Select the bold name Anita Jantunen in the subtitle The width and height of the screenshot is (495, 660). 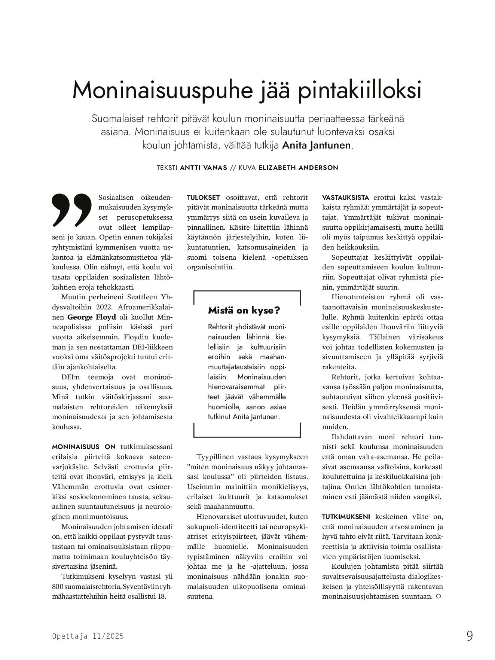(x=316, y=146)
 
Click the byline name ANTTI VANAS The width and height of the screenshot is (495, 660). (x=204, y=168)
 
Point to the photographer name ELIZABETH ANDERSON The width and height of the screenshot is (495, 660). (x=298, y=168)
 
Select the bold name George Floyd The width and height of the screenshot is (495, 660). (x=92, y=317)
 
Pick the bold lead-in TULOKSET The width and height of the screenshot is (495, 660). (x=204, y=198)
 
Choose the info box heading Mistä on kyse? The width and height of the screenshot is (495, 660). (x=244, y=311)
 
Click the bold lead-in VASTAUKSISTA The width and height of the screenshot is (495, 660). (x=345, y=198)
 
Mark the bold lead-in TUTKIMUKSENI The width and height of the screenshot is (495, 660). (x=346, y=517)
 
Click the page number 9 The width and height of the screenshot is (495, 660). (x=470, y=636)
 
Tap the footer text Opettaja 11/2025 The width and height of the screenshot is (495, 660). (x=88, y=636)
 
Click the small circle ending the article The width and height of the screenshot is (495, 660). (x=439, y=596)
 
